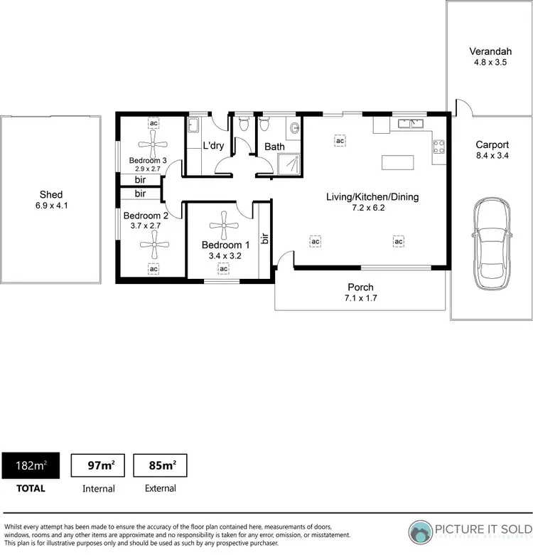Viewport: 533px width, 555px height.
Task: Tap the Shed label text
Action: (x=50, y=194)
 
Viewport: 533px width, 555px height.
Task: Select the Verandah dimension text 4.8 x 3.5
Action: (x=489, y=62)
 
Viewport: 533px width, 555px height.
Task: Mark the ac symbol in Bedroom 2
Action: (x=153, y=268)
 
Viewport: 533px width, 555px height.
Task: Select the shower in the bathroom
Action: (x=290, y=160)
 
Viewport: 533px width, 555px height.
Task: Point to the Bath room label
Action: (x=275, y=147)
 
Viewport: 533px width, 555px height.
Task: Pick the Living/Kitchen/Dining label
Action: (x=372, y=197)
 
